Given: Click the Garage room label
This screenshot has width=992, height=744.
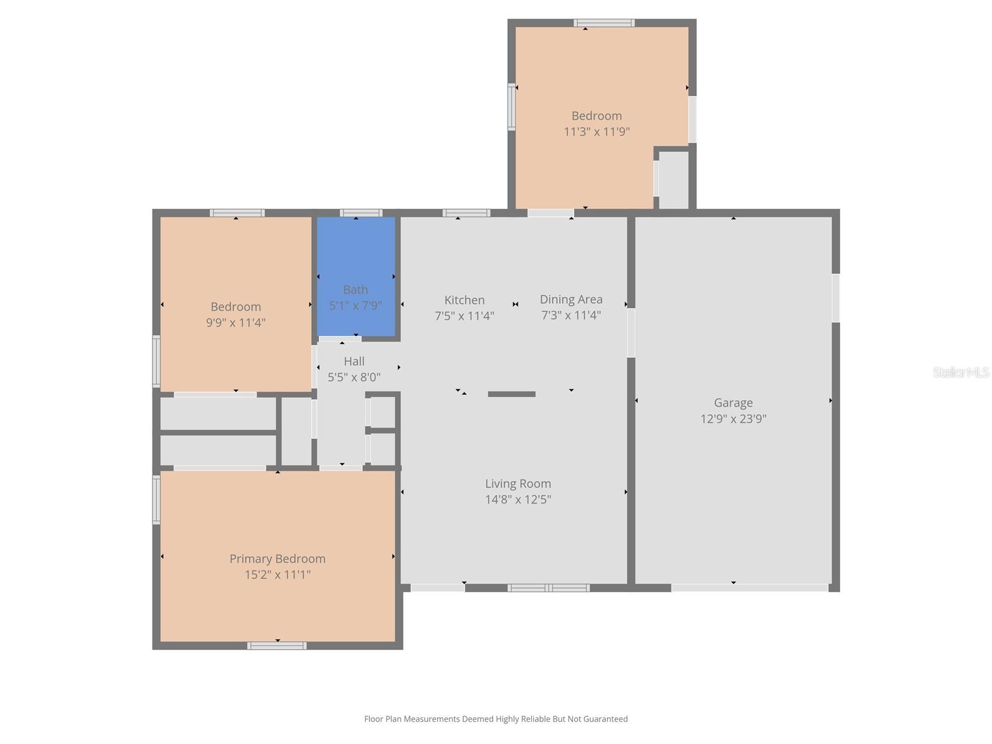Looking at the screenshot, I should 733,403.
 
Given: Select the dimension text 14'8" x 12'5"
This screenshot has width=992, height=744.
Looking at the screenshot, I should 518,500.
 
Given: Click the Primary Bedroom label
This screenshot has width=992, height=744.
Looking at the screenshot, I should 277,559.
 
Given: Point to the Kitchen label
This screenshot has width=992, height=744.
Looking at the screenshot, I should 464,300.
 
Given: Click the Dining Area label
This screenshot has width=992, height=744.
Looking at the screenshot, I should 571,299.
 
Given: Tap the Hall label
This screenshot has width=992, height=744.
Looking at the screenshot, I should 354,361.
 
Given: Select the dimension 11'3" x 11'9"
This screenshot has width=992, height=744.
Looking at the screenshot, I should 596,131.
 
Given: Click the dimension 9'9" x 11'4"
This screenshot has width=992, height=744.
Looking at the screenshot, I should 236,322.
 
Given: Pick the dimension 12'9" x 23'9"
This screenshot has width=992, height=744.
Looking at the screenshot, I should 733,419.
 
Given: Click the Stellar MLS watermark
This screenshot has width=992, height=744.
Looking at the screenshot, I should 960,372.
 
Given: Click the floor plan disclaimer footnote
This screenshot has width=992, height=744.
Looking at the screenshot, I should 495,719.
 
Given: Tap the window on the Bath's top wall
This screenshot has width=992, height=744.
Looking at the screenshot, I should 361,213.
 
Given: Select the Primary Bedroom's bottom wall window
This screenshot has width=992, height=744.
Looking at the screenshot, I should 277,645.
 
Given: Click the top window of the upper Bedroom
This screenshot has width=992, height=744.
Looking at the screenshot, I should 604,23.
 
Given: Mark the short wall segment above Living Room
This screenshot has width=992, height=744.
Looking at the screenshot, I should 511,394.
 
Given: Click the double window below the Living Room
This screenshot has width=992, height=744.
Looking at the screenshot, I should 548,588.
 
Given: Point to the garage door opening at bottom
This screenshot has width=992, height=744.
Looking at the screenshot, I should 749,588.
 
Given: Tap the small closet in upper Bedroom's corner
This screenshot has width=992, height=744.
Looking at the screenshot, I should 673,180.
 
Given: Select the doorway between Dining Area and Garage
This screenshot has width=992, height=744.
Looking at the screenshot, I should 631,332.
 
